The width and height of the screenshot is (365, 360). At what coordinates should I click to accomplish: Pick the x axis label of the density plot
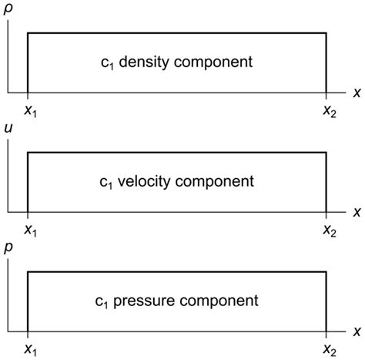[x=357, y=93]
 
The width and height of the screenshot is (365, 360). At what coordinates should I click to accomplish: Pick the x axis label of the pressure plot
[x=357, y=331]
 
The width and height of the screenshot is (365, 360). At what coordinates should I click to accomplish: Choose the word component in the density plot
[x=216, y=62]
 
